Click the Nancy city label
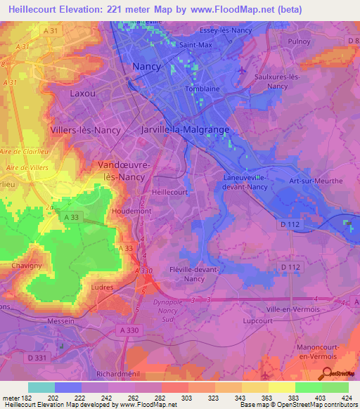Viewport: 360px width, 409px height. [147, 67]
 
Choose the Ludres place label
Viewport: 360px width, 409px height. [102, 287]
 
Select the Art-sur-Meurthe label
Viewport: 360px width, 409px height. [316, 181]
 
